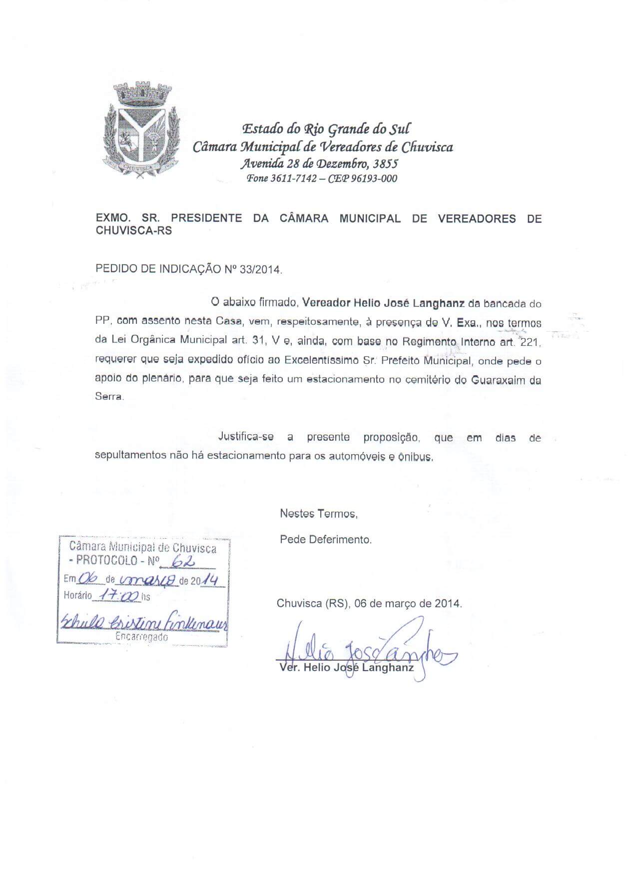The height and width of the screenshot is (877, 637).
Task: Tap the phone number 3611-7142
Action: [293, 178]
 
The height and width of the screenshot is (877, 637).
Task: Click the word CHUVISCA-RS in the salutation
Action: [133, 231]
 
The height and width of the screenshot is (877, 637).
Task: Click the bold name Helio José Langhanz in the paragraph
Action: [409, 303]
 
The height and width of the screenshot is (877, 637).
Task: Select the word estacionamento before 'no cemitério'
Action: [346, 379]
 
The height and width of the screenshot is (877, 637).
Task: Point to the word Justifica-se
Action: [246, 437]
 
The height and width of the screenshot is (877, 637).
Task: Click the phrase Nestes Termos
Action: [318, 513]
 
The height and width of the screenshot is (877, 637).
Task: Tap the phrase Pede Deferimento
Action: [326, 540]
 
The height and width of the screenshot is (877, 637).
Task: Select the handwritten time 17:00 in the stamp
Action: [118, 595]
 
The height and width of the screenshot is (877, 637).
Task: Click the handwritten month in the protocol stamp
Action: [148, 580]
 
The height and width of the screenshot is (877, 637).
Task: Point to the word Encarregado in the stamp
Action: [142, 637]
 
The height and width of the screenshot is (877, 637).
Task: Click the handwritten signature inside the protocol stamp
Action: [144, 622]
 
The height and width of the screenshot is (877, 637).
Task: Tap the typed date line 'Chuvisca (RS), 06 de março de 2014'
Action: [369, 603]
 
